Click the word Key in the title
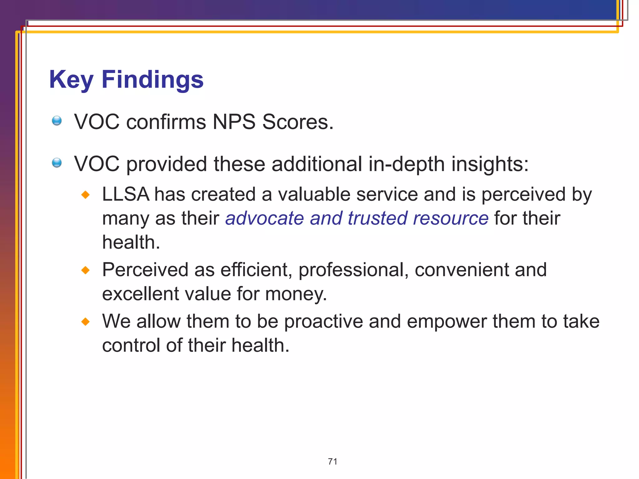pos(71,80)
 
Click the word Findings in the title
pos(153,80)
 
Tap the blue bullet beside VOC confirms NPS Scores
pos(57,121)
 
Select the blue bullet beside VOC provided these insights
pos(57,163)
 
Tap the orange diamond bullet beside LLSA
pos(85,195)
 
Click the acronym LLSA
pos(126,194)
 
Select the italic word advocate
pos(265,218)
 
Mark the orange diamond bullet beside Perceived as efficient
pos(85,270)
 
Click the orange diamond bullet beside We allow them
pos(85,322)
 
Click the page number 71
pos(333,462)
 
